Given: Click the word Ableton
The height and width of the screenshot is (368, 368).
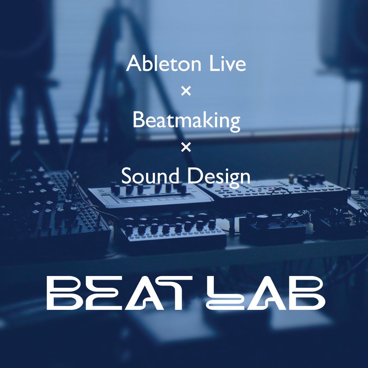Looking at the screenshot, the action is (164, 63).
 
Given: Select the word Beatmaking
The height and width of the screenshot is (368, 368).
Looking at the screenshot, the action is (186, 121).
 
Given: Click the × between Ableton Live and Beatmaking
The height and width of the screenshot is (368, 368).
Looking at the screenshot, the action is (186, 91).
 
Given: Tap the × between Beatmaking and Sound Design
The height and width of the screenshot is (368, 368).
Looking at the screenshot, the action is (186, 148).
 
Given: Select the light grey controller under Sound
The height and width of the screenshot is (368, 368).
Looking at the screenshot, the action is (150, 196).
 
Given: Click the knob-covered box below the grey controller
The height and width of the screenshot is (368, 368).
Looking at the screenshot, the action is (173, 231).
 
